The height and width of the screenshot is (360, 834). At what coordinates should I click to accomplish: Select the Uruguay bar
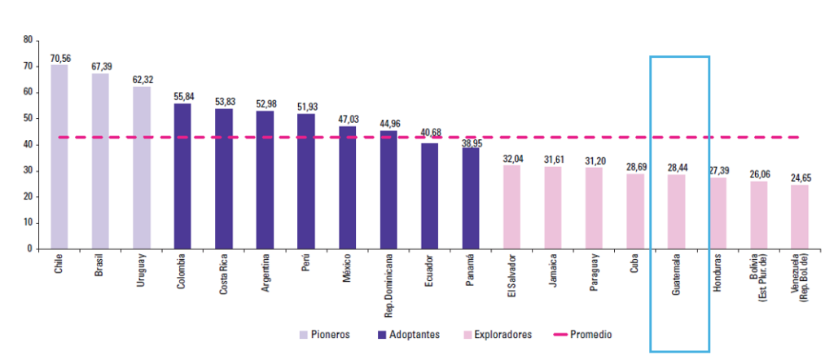[x=142, y=167]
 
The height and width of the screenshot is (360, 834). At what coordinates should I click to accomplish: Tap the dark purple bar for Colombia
[x=182, y=176]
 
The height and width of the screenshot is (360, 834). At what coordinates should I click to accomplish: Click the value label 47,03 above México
[x=347, y=119]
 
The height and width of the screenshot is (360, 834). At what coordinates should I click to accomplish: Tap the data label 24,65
[x=800, y=178]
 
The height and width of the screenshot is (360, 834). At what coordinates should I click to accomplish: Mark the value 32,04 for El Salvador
[x=512, y=158]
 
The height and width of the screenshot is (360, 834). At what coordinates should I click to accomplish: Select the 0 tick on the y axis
[x=30, y=248]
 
